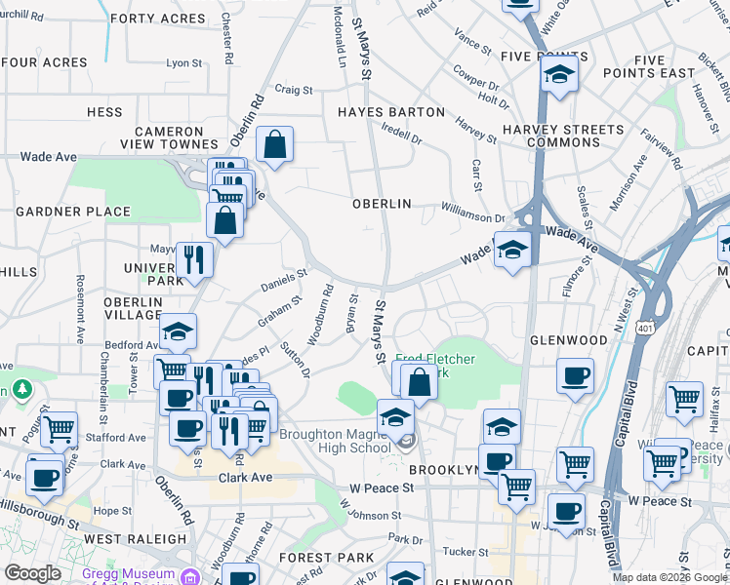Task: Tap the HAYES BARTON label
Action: (390, 112)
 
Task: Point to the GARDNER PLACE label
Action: (74, 212)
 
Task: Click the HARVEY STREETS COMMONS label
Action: (563, 136)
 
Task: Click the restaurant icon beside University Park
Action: (194, 259)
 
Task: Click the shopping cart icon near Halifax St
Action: (685, 399)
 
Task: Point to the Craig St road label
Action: (293, 90)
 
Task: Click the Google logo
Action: (32, 573)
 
